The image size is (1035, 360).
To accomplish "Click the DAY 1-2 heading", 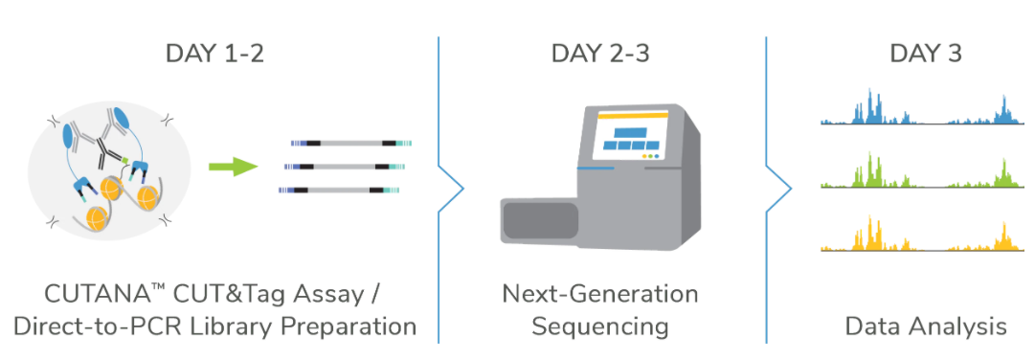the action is coord(214,53).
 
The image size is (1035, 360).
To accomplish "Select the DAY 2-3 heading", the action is coord(600,53).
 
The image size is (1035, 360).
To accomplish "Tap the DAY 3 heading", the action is coord(926,53).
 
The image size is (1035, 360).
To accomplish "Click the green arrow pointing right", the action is coord(233,168).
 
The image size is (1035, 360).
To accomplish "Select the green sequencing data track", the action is coord(922,171).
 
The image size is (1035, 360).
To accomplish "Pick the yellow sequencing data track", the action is coord(922,235).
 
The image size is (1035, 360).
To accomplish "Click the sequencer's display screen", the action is coord(632,137).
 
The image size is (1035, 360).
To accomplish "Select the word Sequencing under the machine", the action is coord(600,326).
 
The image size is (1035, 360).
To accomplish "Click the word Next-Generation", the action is coord(600,294).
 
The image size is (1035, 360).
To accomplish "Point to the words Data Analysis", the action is coord(926,326).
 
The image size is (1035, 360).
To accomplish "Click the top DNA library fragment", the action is coord(351,142).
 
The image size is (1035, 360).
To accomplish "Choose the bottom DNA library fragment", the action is coord(339,191).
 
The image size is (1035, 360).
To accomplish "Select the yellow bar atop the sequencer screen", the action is coord(633,114).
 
